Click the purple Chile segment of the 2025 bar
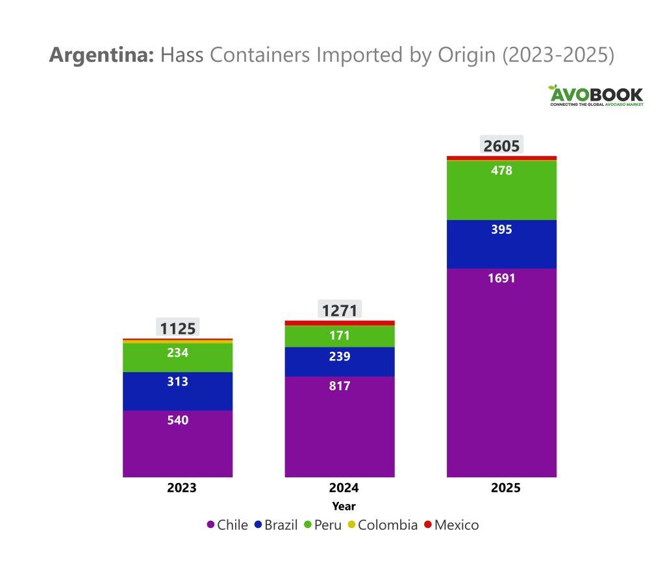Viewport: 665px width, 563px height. [501, 377]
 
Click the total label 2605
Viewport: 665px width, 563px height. [501, 145]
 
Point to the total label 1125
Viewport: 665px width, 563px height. [178, 329]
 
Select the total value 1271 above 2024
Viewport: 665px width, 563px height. [340, 310]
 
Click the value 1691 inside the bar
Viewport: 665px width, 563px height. [501, 279]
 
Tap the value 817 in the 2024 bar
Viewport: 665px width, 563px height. [340, 386]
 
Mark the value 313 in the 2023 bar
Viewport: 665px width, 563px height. [177, 382]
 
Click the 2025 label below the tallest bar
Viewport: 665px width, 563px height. [505, 488]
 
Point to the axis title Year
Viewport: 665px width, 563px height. [344, 506]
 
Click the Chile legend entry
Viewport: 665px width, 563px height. [227, 525]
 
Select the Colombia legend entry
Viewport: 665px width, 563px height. [381, 525]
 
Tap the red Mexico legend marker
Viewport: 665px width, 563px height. [428, 525]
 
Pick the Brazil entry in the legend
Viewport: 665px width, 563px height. [275, 525]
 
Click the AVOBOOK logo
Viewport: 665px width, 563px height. [596, 95]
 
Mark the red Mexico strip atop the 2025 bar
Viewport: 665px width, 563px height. [501, 158]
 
